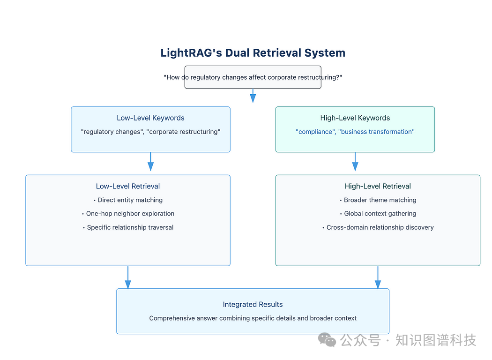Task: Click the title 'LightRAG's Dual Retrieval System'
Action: pos(253,52)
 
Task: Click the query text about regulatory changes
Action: pos(253,77)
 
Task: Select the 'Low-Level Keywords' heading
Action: pos(150,118)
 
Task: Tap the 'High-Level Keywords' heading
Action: pos(355,118)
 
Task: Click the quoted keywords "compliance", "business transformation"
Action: pos(355,132)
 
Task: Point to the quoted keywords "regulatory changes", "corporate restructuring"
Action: pos(150,132)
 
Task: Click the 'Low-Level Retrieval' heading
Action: pos(128,186)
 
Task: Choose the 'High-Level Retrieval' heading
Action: pos(378,186)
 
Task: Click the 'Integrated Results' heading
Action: pos(253,305)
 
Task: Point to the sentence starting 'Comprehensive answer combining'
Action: pos(253,318)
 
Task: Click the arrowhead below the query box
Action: pos(253,98)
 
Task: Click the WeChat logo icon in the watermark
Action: pos(327,340)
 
